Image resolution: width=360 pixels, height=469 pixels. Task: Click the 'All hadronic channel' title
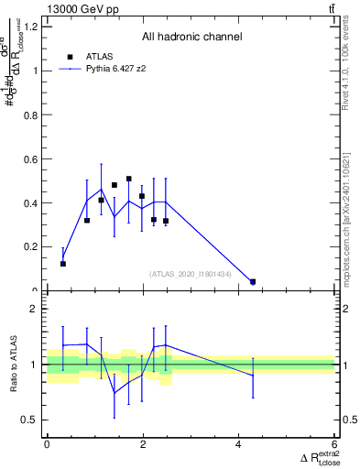(x=191, y=37)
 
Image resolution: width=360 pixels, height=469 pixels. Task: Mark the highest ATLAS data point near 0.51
(x=129, y=179)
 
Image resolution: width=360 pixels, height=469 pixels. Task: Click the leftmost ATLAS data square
(x=63, y=264)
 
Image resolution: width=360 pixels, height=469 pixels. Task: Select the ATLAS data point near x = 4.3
(x=253, y=282)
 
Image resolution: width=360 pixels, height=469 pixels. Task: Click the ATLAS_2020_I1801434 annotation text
(x=190, y=273)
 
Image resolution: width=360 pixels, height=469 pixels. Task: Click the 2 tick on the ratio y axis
(x=38, y=310)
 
